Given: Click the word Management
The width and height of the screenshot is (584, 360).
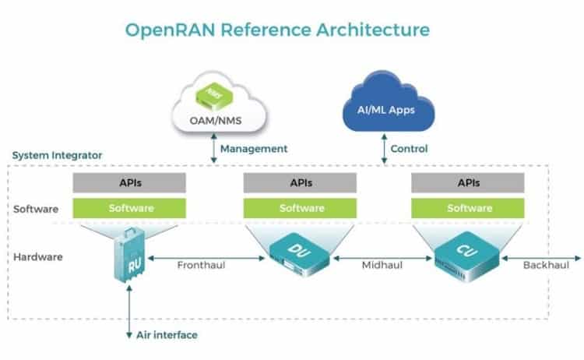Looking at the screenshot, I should coord(254,148).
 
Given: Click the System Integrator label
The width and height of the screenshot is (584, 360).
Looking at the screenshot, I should coord(57,155).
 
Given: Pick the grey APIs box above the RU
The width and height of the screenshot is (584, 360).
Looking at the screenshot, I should coord(128,183).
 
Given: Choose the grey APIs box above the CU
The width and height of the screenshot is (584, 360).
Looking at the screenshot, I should coord(468,183).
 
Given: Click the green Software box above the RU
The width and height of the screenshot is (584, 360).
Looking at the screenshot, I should coord(128,208).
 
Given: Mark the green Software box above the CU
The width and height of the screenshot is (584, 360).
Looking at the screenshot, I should coord(468,208).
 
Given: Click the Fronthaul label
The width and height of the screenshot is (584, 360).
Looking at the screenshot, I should coord(200,265).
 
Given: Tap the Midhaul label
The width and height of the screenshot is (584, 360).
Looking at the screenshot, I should coord(381,265).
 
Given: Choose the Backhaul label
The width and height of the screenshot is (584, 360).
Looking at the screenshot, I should coord(547,265).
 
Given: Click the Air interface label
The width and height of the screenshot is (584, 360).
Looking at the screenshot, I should coord(167,335).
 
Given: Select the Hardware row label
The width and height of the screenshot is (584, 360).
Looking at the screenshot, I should coord(39,256).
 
